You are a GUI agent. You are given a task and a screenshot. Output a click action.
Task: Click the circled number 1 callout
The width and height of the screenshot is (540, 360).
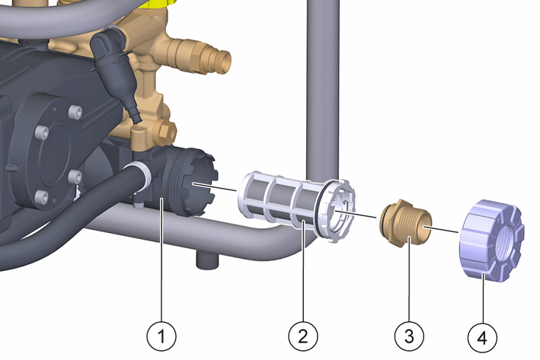pyautogui.click(x=161, y=336)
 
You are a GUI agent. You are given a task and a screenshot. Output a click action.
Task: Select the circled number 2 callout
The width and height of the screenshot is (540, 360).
pyautogui.click(x=302, y=336)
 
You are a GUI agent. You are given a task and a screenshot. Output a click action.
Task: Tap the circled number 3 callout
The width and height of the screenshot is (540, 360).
pyautogui.click(x=409, y=336)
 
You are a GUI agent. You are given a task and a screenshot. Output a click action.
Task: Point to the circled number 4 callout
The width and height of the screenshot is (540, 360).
pyautogui.click(x=482, y=338)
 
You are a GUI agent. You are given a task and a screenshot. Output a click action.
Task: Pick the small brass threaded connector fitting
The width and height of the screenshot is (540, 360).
pyautogui.click(x=405, y=222)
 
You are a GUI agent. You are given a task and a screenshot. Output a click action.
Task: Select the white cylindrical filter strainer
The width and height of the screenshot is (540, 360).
pyautogui.click(x=296, y=205)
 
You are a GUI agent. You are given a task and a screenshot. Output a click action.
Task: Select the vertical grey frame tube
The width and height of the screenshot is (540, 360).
pyautogui.click(x=323, y=90)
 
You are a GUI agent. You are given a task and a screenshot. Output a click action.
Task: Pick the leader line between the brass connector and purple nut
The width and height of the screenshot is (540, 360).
pyautogui.click(x=441, y=229)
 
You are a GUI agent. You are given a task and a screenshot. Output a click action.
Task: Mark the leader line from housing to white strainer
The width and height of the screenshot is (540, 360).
pyautogui.click(x=215, y=187)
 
